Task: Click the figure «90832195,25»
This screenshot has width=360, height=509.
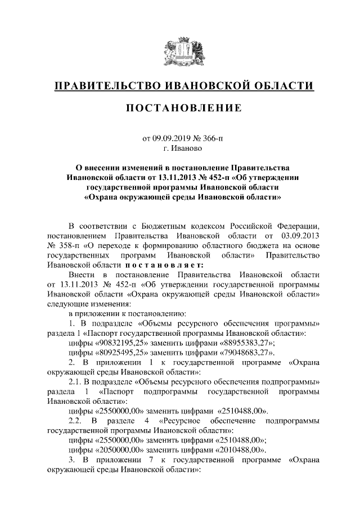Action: coord(118,343)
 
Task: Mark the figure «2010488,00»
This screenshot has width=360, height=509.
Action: coord(237,451)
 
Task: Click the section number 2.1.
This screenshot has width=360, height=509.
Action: coord(75,382)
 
